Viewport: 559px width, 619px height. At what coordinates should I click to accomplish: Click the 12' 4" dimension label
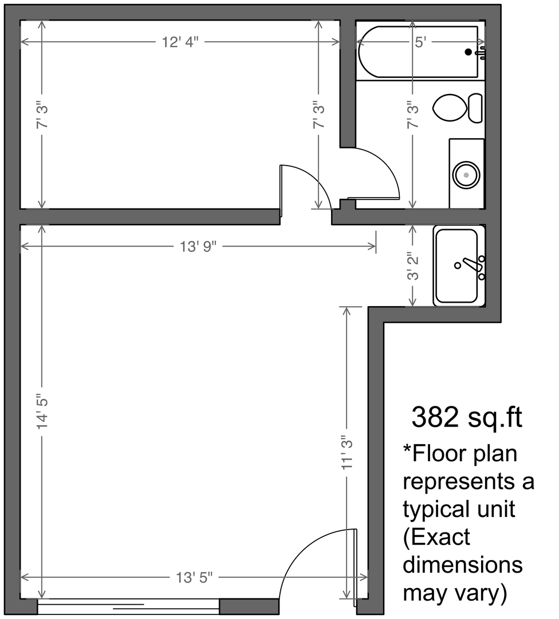tap(180, 42)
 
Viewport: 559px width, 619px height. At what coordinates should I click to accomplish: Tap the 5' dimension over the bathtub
tap(420, 42)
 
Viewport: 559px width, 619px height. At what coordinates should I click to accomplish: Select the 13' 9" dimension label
tap(198, 246)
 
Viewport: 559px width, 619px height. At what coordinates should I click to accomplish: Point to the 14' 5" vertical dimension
tap(42, 412)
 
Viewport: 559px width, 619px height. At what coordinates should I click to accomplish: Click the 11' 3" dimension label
tap(347, 452)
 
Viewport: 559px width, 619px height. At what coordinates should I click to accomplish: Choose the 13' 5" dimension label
tap(194, 578)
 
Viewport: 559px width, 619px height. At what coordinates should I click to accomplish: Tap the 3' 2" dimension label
tap(412, 266)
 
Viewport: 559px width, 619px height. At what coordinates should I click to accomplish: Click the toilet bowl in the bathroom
tap(450, 108)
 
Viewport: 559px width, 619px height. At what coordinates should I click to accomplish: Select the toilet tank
tap(475, 108)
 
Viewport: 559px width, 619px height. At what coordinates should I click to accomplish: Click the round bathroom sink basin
tap(466, 175)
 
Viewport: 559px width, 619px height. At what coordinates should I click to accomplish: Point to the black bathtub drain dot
tap(469, 52)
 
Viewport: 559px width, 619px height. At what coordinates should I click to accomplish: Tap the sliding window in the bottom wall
tap(129, 606)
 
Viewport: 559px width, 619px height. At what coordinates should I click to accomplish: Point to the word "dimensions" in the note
tap(463, 565)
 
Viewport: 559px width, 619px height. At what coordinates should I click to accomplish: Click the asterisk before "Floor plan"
tap(407, 449)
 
